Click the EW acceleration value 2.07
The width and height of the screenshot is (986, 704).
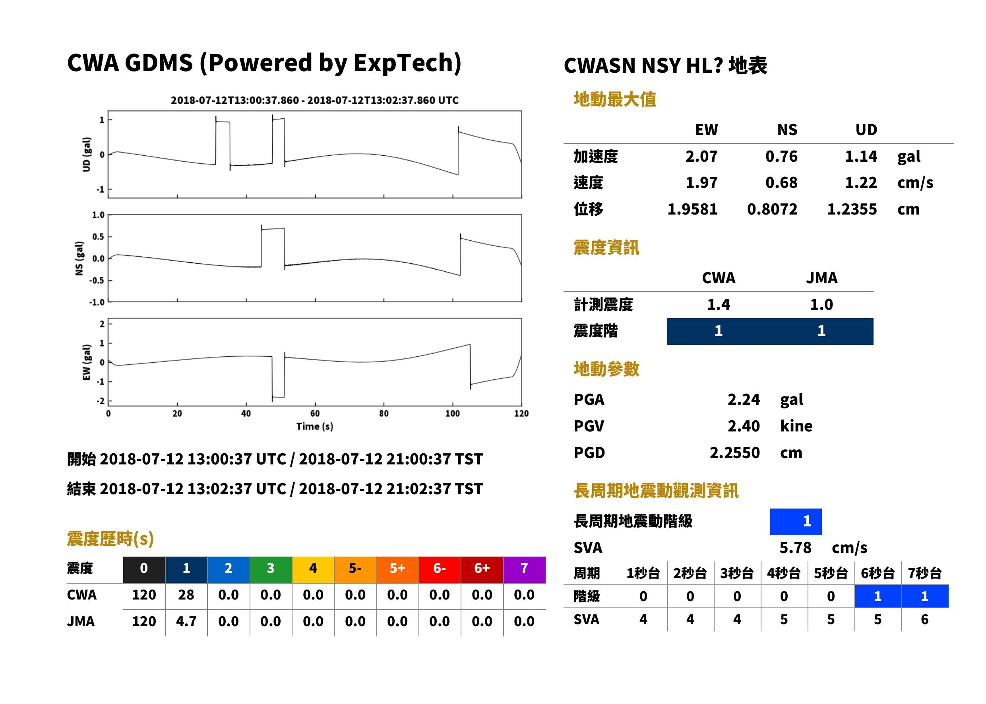[701, 157]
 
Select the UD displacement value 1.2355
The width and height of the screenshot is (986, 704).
[852, 209]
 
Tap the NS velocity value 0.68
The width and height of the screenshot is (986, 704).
[781, 183]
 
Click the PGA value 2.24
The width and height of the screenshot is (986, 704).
[744, 399]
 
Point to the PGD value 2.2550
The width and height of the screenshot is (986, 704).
[734, 453]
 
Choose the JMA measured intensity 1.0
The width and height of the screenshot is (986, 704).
[821, 305]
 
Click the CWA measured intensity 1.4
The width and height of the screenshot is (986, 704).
[719, 305]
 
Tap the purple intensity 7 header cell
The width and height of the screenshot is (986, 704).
[524, 569]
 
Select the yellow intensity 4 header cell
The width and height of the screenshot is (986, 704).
[313, 569]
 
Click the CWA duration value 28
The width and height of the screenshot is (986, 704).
[186, 595]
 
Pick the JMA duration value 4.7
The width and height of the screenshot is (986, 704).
[186, 622]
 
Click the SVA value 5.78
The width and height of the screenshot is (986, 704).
[795, 548]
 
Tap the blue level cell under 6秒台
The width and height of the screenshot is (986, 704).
[878, 596]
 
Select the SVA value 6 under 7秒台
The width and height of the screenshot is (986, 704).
[924, 619]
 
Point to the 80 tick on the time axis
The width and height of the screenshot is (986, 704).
[384, 414]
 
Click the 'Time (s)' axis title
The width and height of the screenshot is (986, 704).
[315, 427]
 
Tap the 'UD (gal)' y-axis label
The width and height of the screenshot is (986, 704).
[87, 154]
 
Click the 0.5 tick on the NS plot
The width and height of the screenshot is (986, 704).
[99, 237]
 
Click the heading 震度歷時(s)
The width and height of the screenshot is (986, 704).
[110, 539]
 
